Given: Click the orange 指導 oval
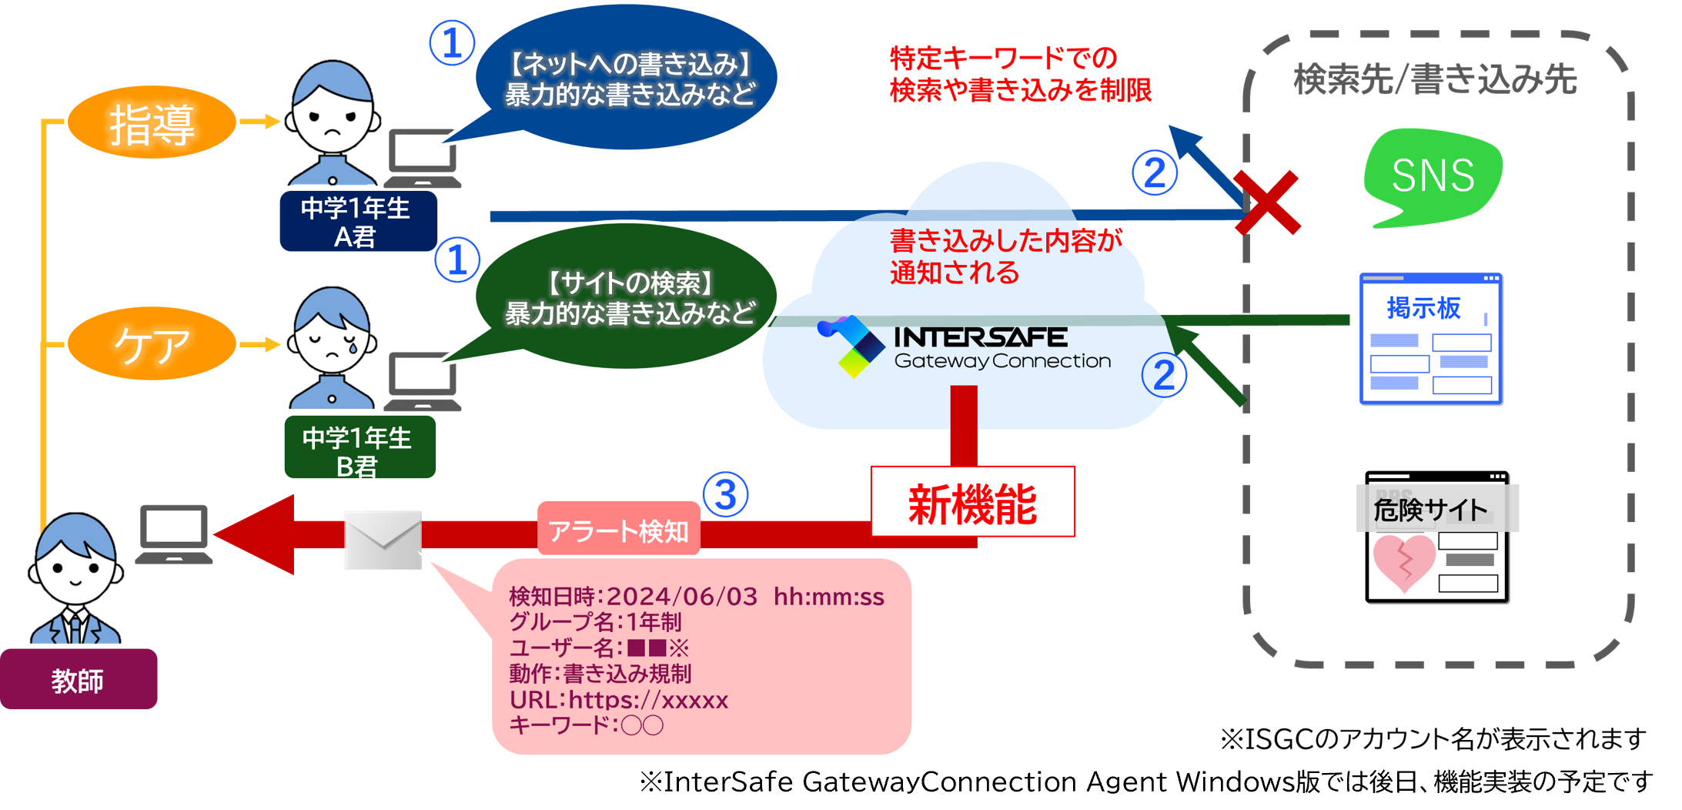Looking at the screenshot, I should (152, 122).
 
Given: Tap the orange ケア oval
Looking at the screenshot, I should (152, 343).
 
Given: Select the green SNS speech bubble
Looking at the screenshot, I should (1433, 176).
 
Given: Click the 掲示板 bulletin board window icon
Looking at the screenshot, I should (1431, 340).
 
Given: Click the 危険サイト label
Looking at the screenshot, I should (1431, 509).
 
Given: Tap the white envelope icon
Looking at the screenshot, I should (383, 539).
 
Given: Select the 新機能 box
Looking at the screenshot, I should (972, 503).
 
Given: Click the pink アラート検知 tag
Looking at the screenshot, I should (618, 530).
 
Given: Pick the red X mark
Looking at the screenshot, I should (1266, 202).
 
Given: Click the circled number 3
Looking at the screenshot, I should (725, 494).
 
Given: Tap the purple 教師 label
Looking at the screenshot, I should (78, 680).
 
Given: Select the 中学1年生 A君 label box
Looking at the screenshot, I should (356, 222).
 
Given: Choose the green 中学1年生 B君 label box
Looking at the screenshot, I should (359, 449).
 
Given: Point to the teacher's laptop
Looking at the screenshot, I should (173, 534).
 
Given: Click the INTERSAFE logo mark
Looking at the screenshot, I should (851, 346).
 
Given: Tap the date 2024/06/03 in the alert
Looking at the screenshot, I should (681, 597).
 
